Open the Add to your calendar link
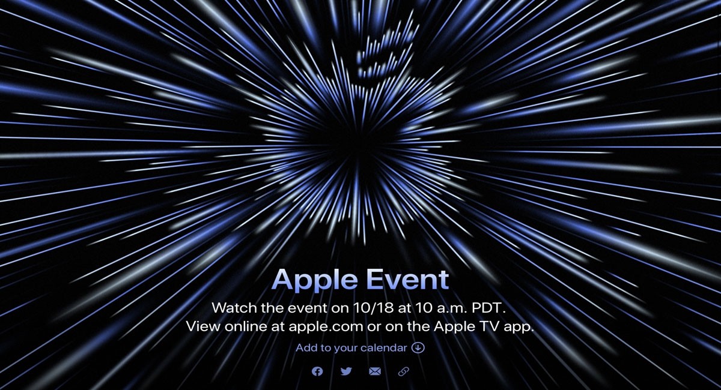click(351, 348)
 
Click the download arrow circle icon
click(418, 348)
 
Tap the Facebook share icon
click(317, 371)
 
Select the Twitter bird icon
click(346, 371)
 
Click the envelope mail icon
click(375, 371)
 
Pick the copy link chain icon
click(404, 371)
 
